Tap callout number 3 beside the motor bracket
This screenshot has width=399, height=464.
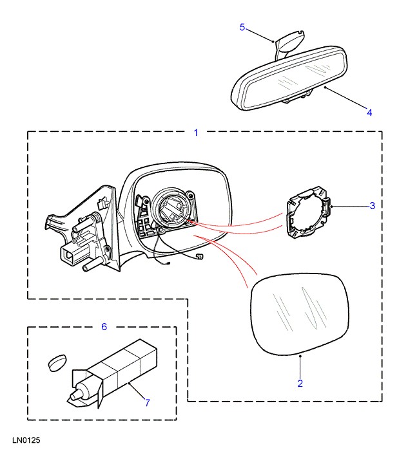(372, 206)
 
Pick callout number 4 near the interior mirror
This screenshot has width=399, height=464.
(369, 113)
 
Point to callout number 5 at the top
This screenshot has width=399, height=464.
(242, 27)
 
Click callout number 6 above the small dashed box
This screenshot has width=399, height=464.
(104, 327)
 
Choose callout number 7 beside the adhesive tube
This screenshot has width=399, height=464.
(147, 403)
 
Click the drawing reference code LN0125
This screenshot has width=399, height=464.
(26, 442)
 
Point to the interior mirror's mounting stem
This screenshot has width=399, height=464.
(288, 44)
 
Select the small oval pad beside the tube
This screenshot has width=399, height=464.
(57, 362)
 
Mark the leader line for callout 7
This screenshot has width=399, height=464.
(137, 392)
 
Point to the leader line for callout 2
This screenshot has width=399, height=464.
(300, 367)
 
